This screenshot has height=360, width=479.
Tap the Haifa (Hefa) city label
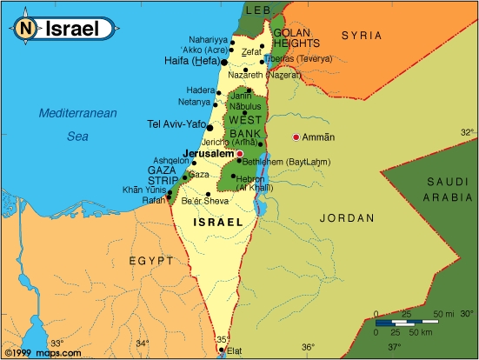coord(191,62)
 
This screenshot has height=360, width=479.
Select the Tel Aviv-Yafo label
coord(176,124)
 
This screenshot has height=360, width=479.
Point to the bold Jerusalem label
coord(208,153)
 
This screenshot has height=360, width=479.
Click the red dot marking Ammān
coord(296,137)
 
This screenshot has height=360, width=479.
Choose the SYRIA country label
coord(361,35)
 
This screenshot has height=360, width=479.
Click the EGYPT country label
coord(151,260)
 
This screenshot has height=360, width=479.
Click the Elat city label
coord(233,351)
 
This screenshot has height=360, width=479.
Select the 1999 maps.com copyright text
coord(43,353)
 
